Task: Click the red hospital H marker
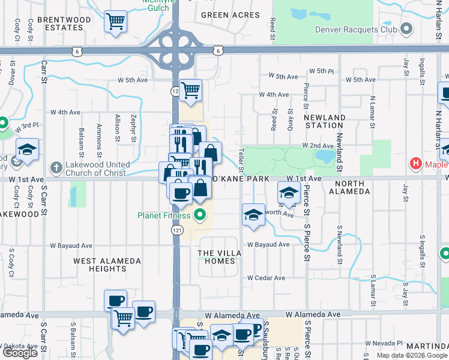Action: coord(414,163)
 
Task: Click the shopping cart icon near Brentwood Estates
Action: coord(115,22)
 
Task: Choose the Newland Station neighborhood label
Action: coord(324,121)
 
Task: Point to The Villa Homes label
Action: coord(220,257)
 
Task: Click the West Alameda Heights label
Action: coord(107,265)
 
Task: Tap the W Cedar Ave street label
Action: coord(266,278)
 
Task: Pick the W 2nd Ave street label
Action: coord(318,146)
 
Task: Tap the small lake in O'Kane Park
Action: coord(325,157)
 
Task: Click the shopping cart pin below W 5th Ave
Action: coord(190,91)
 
